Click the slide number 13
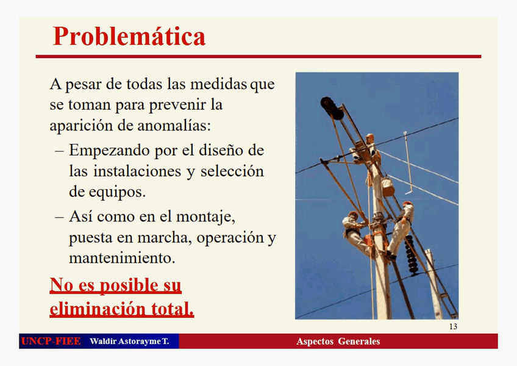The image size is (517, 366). (453, 327)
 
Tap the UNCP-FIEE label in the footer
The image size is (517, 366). (51, 341)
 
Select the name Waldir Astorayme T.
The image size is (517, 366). (129, 341)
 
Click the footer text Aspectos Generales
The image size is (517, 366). (338, 341)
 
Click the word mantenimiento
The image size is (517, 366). (122, 258)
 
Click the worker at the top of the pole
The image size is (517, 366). (369, 146)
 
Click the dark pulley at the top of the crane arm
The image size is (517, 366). (332, 107)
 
